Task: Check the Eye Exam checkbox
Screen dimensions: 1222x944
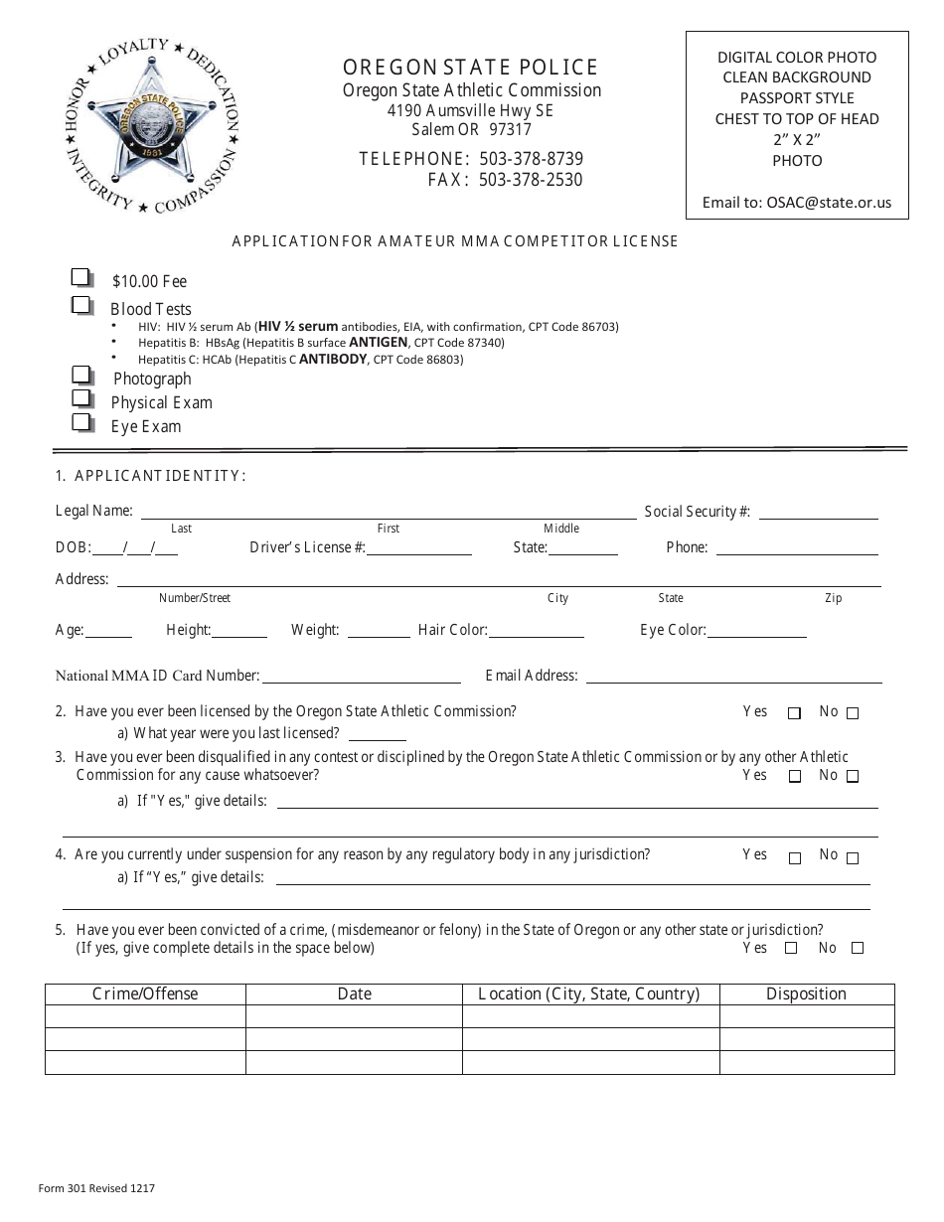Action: pyautogui.click(x=81, y=422)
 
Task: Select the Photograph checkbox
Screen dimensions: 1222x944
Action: pyautogui.click(x=81, y=375)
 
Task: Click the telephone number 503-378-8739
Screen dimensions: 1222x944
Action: pyautogui.click(x=531, y=159)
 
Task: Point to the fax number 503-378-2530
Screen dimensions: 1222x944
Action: pyautogui.click(x=531, y=180)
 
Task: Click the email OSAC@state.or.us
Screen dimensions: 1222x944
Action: pyautogui.click(x=829, y=202)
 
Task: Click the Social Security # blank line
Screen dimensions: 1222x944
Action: pyautogui.click(x=818, y=514)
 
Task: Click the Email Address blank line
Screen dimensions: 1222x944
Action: pyautogui.click(x=733, y=678)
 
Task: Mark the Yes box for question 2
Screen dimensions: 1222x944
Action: pyautogui.click(x=794, y=713)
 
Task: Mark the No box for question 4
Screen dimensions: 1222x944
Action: pyautogui.click(x=853, y=857)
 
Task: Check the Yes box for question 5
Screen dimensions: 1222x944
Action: pyautogui.click(x=791, y=948)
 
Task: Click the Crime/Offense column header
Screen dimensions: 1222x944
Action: pyautogui.click(x=145, y=993)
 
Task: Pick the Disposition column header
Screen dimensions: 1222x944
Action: pyautogui.click(x=806, y=993)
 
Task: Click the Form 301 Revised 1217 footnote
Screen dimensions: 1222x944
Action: pyautogui.click(x=96, y=1187)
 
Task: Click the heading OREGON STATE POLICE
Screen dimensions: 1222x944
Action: pyautogui.click(x=471, y=68)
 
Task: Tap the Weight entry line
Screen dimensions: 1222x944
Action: pyautogui.click(x=379, y=632)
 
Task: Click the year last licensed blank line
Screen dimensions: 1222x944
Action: pyautogui.click(x=376, y=736)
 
